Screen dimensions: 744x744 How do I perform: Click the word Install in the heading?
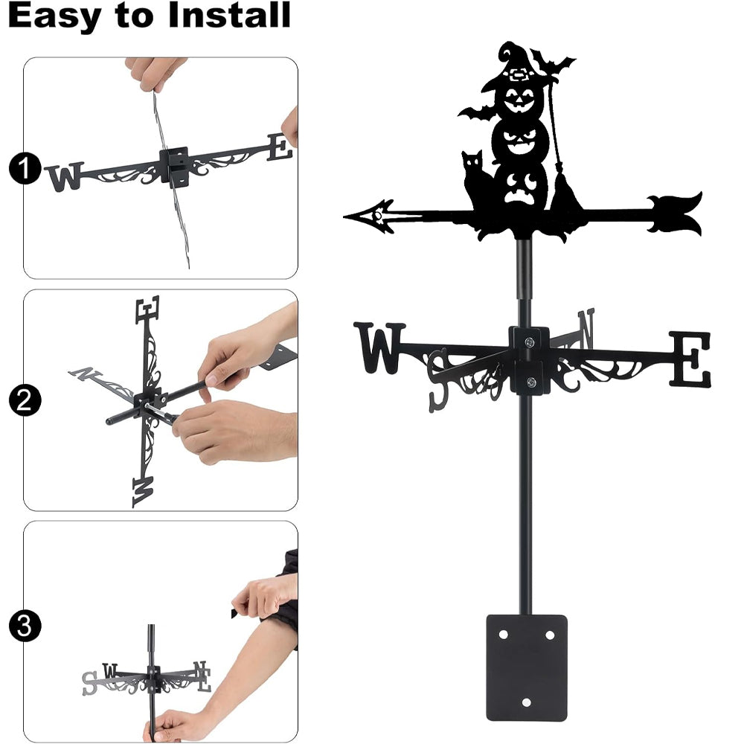tap(229, 15)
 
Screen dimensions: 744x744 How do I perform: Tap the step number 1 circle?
tap(25, 168)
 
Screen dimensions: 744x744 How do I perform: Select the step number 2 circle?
tap(25, 400)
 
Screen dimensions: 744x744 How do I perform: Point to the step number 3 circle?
tap(25, 626)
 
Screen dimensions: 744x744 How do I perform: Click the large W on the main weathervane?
tap(379, 347)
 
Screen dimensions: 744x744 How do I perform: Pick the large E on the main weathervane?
tap(690, 359)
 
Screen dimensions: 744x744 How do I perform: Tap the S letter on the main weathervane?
tap(438, 380)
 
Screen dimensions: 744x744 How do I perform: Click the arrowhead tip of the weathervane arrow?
tap(344, 217)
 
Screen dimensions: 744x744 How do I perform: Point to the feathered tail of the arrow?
tap(675, 214)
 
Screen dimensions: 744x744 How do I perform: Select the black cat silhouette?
tap(476, 180)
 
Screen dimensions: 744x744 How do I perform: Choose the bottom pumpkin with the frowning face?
tap(522, 187)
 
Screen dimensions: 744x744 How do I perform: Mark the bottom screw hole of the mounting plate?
tap(526, 702)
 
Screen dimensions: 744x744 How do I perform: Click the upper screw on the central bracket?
tap(529, 341)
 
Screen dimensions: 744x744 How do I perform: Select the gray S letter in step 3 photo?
tap(89, 683)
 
